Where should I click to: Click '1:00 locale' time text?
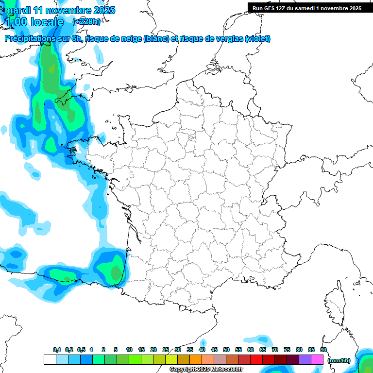[x=34, y=22]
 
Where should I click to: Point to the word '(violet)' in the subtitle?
[x=257, y=39]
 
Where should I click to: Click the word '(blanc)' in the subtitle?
[x=156, y=39]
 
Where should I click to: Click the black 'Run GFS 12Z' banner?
[x=306, y=8]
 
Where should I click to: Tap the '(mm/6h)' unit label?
[x=339, y=360]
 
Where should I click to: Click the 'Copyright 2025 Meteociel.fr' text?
[x=206, y=370]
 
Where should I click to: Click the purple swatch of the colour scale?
[x=305, y=360]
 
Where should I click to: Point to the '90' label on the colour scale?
[x=323, y=350]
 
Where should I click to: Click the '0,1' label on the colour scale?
[x=56, y=350]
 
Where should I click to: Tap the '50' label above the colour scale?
[x=226, y=350]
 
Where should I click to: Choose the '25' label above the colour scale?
[x=166, y=350]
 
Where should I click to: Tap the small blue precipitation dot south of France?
[x=203, y=343]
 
